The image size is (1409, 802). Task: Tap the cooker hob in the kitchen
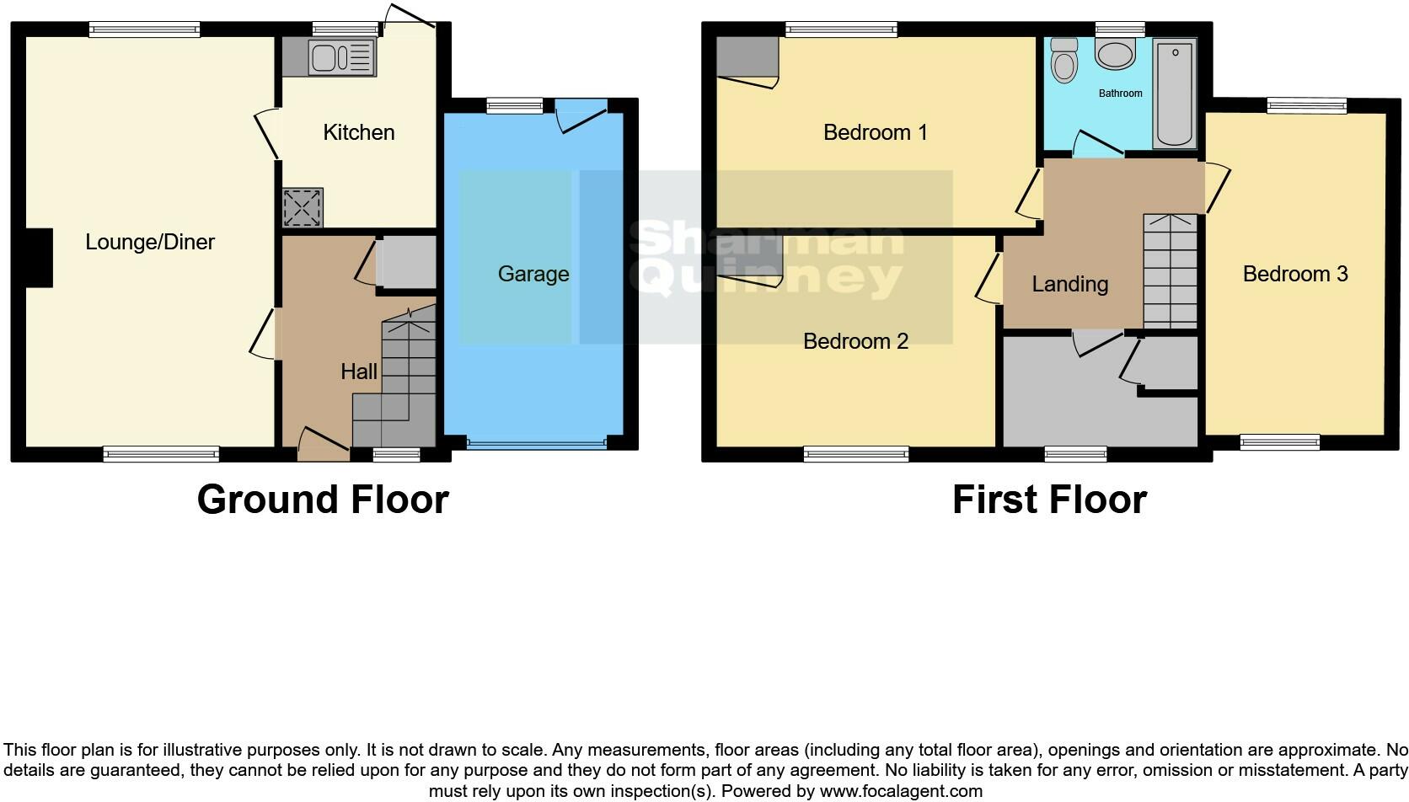click(303, 207)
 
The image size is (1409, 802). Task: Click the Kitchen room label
click(359, 132)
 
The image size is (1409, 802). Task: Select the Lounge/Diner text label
click(150, 243)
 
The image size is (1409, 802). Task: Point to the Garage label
click(533, 274)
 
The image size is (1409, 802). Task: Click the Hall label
click(359, 372)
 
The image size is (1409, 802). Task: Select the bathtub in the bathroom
click(1175, 93)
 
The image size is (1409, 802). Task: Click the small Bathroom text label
click(1120, 94)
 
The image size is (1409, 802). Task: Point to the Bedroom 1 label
click(875, 132)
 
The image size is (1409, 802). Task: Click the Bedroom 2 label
click(855, 341)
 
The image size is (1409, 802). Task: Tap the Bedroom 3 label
click(1294, 274)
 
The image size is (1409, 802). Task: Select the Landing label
click(1069, 284)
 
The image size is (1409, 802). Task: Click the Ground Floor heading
click(323, 500)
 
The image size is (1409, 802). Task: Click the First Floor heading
click(1049, 500)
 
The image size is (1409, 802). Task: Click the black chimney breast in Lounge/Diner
click(39, 258)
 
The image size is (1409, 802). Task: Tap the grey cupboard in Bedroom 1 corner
click(746, 56)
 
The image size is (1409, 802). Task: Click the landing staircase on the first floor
click(1170, 271)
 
